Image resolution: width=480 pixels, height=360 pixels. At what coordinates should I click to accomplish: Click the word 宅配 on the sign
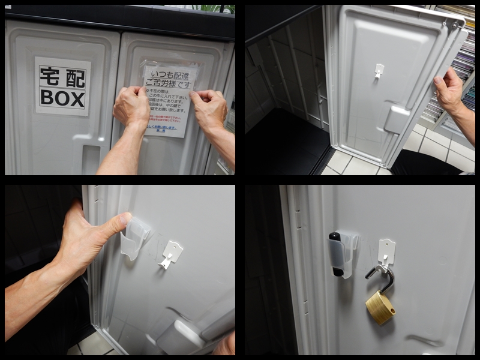(x=62, y=77)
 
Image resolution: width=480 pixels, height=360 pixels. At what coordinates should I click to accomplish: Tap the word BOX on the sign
(x=62, y=98)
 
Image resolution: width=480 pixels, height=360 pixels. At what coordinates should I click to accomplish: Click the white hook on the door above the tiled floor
(x=378, y=71)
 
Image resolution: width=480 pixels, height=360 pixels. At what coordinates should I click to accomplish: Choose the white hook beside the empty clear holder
(x=170, y=254)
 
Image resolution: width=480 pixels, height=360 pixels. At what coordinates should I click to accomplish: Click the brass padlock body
(x=380, y=307)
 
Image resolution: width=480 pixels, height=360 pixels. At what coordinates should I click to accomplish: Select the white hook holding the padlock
(x=385, y=252)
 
